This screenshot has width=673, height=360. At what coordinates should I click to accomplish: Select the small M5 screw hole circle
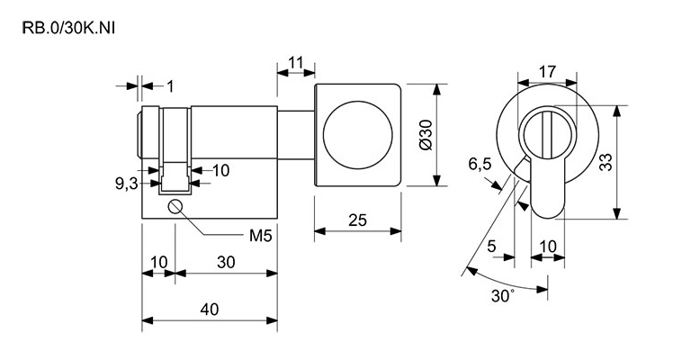[175, 207]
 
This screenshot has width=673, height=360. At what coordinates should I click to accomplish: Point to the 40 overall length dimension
[210, 309]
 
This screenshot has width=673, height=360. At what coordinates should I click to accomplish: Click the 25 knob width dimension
[356, 220]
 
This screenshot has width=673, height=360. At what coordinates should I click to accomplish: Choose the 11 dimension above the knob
[295, 62]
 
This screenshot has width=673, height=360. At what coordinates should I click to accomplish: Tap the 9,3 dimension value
[126, 183]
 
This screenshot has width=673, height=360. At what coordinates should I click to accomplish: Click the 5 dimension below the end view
[491, 246]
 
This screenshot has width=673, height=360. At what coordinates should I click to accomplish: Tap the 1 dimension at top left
[170, 86]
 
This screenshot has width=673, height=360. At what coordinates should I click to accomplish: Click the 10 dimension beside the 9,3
[220, 169]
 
